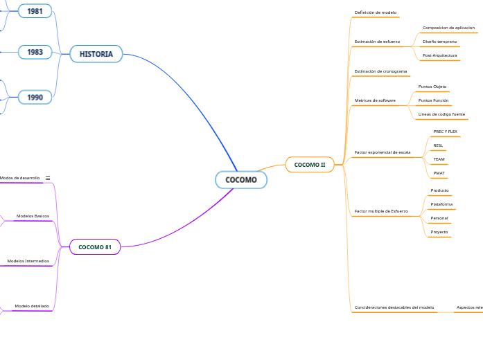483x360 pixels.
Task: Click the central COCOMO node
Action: pyautogui.click(x=241, y=180)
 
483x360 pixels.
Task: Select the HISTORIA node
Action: pyautogui.click(x=96, y=54)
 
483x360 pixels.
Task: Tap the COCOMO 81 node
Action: pyautogui.click(x=95, y=246)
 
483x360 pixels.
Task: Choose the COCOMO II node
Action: pyautogui.click(x=310, y=165)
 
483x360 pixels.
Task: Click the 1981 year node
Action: pyautogui.click(x=35, y=11)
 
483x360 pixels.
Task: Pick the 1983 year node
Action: pyautogui.click(x=35, y=52)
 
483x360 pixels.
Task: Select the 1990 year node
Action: pyautogui.click(x=35, y=98)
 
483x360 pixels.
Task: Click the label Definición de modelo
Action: pyautogui.click(x=375, y=12)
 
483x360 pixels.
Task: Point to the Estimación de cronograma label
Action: pyautogui.click(x=380, y=71)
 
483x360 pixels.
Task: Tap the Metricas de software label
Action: pyautogui.click(x=375, y=100)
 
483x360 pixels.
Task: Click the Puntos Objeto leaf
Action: pyautogui.click(x=432, y=87)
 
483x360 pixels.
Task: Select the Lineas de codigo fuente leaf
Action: pyautogui.click(x=441, y=114)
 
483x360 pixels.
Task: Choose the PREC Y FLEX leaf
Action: pyautogui.click(x=445, y=132)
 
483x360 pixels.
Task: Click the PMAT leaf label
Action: pyautogui.click(x=439, y=173)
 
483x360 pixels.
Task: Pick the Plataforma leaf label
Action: pyautogui.click(x=441, y=204)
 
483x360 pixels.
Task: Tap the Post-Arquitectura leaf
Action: pyautogui.click(x=440, y=55)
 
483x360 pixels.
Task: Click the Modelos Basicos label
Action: pyautogui.click(x=33, y=216)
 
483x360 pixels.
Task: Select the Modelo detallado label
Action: pyautogui.click(x=32, y=305)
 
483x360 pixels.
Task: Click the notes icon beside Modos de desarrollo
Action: pyautogui.click(x=48, y=178)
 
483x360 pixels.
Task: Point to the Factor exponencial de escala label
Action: pyautogui.click(x=383, y=152)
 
